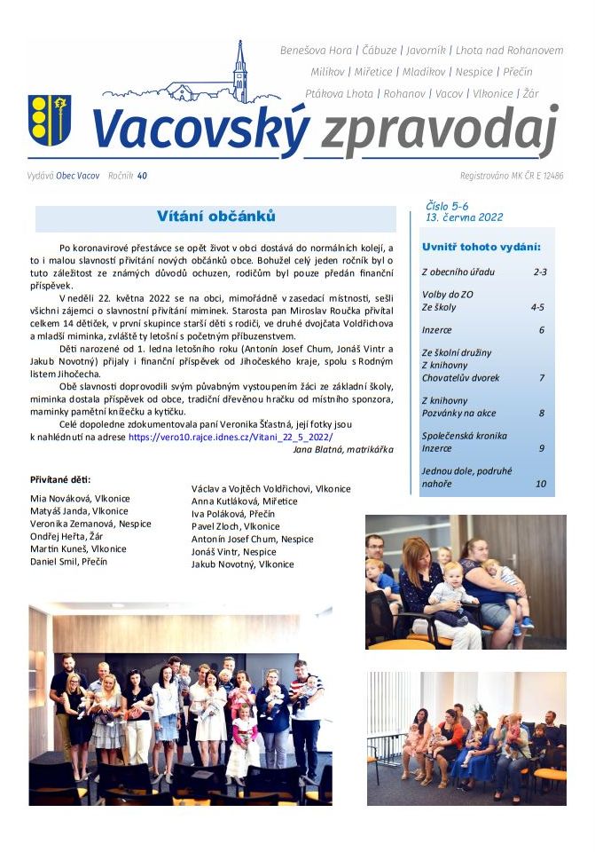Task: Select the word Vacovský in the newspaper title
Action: coord(200,130)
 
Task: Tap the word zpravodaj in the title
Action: coord(438,131)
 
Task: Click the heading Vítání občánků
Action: coord(215,217)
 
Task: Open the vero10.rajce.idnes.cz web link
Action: coord(230,437)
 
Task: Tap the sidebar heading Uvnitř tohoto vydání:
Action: coord(481,246)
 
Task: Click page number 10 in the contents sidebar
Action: coord(540,484)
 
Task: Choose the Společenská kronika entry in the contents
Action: coord(464,436)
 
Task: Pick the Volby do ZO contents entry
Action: coord(449,294)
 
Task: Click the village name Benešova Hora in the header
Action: coord(316,51)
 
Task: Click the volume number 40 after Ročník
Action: coord(142,176)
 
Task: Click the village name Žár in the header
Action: coord(530,92)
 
